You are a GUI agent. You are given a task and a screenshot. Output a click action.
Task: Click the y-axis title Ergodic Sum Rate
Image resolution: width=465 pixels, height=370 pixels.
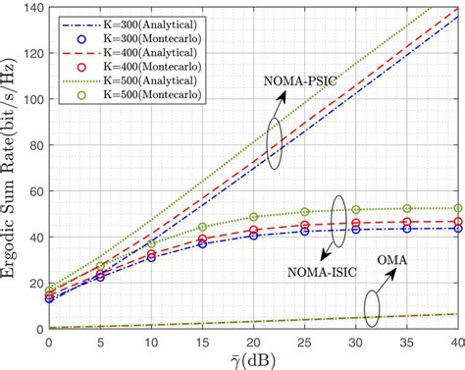pyautogui.click(x=13, y=167)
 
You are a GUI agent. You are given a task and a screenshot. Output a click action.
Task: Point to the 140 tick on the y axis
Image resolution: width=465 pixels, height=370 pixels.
pyautogui.click(x=28, y=8)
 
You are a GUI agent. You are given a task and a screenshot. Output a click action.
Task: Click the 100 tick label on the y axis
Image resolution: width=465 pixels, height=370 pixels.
pyautogui.click(x=28, y=99)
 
